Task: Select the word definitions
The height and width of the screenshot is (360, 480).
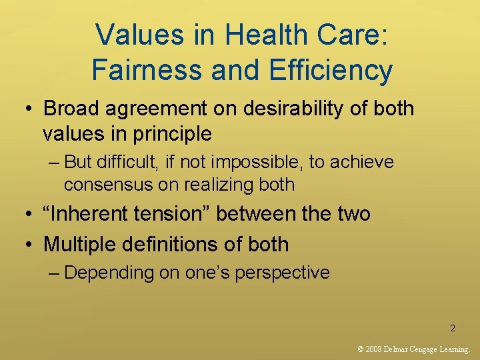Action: coord(176,244)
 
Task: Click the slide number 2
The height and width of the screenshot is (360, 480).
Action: coord(453,328)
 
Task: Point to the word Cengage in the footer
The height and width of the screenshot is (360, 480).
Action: coord(423,349)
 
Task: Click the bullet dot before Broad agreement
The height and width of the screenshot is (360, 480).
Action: coord(29,109)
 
